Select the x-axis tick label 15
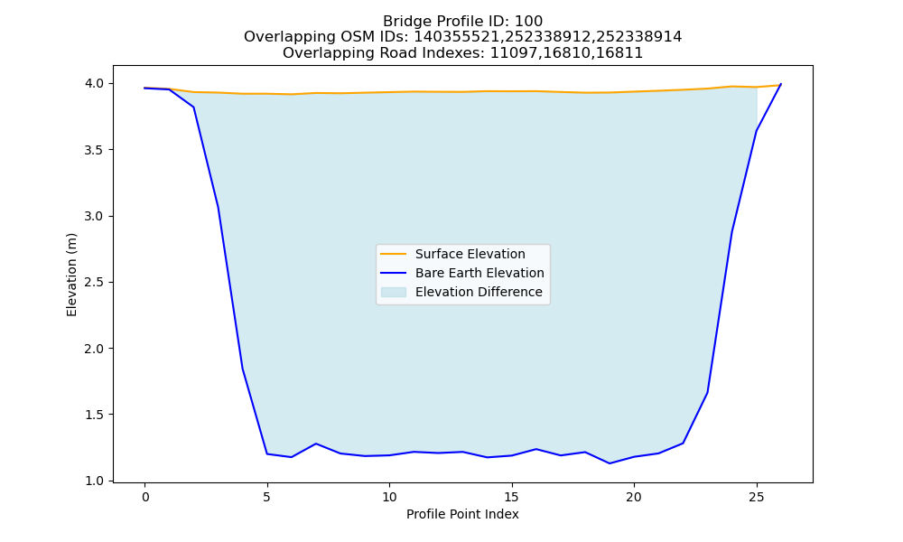pos(511,497)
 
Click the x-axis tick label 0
pos(144,497)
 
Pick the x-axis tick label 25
pos(756,497)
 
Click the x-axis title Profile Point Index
pos(462,514)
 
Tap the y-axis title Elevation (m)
pos(71,275)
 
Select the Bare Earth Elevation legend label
pos(479,273)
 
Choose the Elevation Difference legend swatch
pos(394,292)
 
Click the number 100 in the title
pos(528,22)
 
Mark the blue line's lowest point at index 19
pos(610,463)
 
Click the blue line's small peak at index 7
pos(315,444)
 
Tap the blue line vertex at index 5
pos(266,453)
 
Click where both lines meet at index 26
pos(781,84)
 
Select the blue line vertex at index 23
pos(707,392)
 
